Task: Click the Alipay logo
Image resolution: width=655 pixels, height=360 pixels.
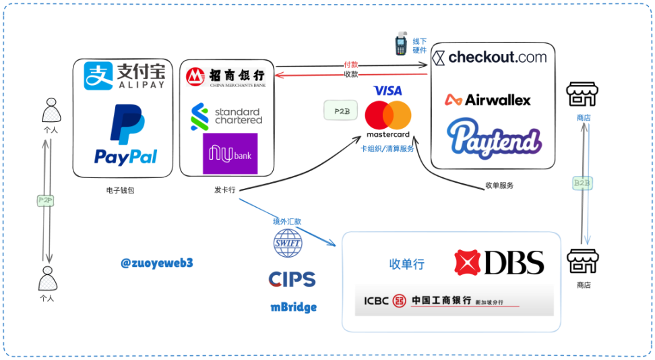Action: (124, 76)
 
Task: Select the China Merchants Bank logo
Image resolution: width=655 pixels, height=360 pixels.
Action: (226, 76)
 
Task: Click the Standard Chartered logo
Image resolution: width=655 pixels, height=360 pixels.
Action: (226, 116)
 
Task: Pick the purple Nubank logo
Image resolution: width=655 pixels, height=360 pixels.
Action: (230, 154)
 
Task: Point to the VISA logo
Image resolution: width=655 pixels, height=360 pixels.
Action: (387, 90)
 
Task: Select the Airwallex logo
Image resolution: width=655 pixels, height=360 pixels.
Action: (488, 100)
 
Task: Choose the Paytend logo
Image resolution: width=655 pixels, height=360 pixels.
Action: (495, 138)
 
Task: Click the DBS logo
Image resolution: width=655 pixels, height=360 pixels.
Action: (499, 262)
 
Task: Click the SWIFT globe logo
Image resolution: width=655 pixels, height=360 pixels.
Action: (288, 243)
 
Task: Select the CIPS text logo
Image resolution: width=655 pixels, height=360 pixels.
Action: (292, 279)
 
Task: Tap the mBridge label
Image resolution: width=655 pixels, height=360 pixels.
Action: (293, 307)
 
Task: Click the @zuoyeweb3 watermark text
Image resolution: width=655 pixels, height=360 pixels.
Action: (157, 263)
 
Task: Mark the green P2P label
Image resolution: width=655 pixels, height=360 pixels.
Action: (46, 200)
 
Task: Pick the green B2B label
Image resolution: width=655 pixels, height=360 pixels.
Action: (582, 183)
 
